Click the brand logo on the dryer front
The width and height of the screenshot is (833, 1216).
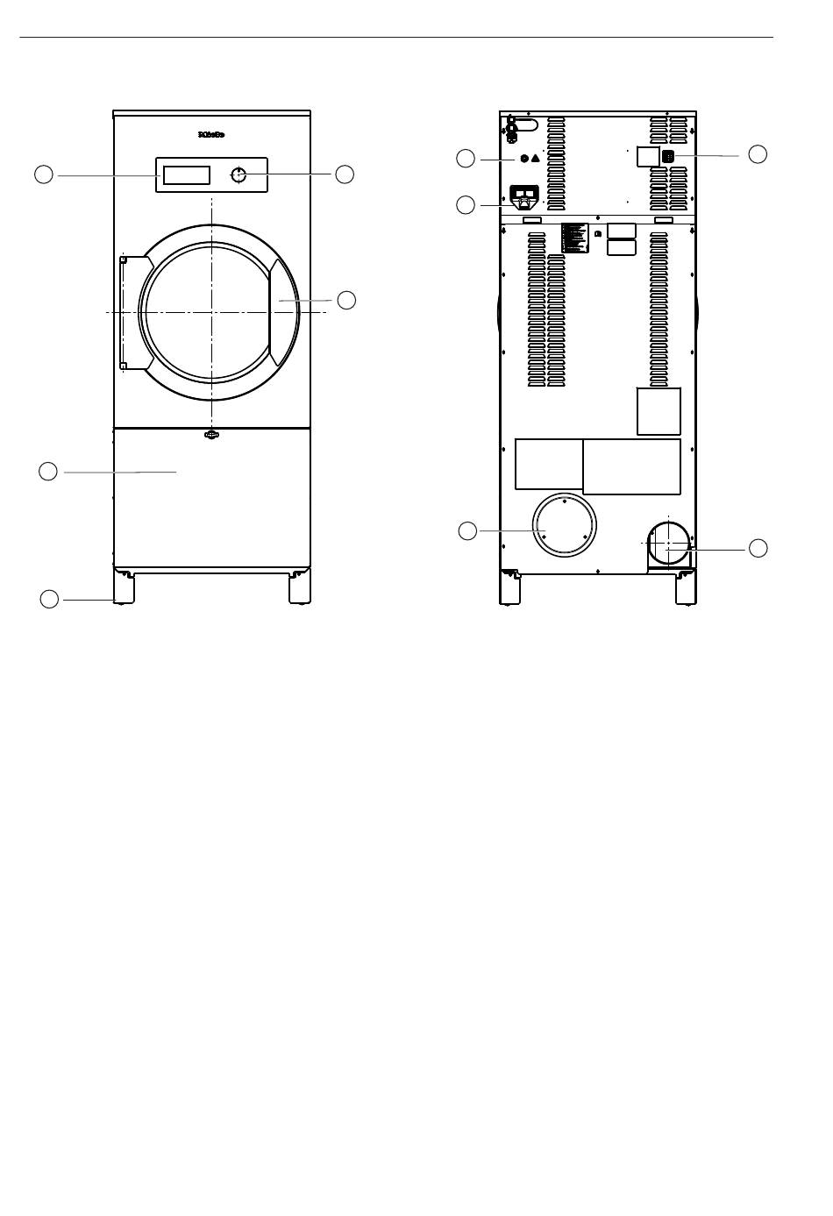(x=211, y=135)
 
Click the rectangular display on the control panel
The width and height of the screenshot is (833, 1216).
(x=187, y=174)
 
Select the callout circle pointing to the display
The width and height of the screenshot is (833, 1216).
(x=44, y=174)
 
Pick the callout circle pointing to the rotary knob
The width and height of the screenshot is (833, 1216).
(x=345, y=174)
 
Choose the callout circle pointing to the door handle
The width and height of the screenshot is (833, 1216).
(x=346, y=300)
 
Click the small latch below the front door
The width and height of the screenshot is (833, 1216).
(x=211, y=434)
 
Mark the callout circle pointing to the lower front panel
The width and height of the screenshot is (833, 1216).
(x=48, y=472)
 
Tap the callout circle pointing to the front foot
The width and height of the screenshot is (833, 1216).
(x=50, y=599)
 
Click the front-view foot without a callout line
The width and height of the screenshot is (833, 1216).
(x=301, y=588)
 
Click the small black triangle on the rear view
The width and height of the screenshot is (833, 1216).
(x=536, y=160)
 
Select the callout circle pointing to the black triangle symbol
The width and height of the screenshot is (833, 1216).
(x=466, y=159)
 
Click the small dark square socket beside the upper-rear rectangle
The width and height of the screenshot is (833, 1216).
(x=668, y=156)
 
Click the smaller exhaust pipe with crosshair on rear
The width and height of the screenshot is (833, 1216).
(x=668, y=543)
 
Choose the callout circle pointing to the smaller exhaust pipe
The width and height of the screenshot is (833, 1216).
(x=758, y=548)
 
